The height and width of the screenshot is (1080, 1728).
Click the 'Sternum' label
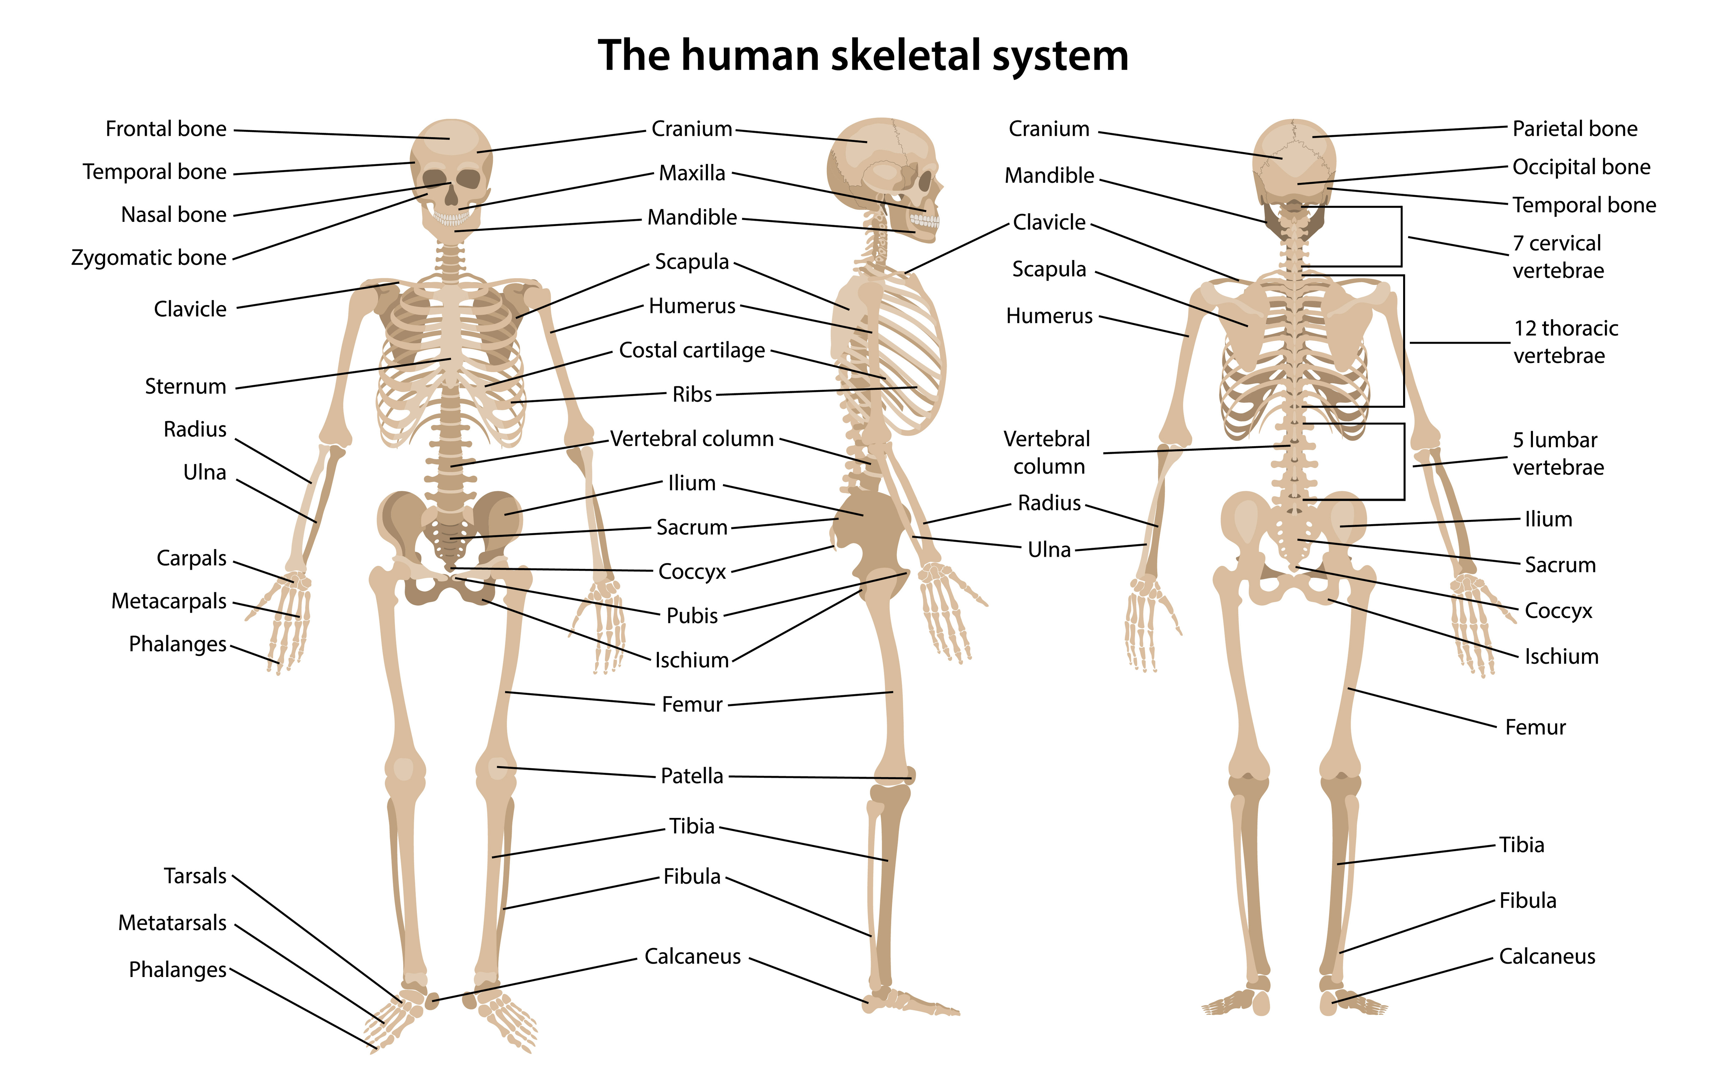click(186, 387)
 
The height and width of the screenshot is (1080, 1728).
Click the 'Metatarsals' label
click(172, 923)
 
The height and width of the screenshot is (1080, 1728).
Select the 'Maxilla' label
click(691, 173)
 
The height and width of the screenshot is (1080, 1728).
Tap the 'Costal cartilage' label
click(691, 350)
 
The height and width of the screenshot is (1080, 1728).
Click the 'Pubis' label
click(691, 616)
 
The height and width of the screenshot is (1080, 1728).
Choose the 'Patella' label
click(691, 776)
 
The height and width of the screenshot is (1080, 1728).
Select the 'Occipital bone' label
click(1582, 167)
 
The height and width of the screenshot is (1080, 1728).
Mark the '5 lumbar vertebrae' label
click(1558, 454)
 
